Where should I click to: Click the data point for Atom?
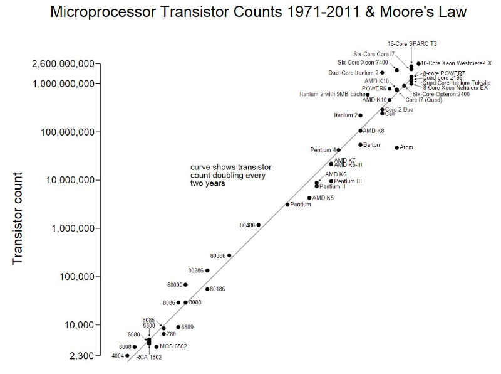(x=396, y=148)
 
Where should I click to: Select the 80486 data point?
(x=258, y=225)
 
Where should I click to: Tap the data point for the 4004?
(x=127, y=356)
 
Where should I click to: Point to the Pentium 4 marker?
(x=339, y=150)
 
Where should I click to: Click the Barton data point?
(x=361, y=145)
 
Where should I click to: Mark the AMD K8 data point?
(x=360, y=131)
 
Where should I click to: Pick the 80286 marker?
(x=207, y=270)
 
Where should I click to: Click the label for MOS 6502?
(x=173, y=346)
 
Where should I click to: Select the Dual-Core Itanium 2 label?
(x=353, y=73)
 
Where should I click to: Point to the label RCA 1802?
(x=149, y=357)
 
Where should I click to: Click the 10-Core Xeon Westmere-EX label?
(x=457, y=63)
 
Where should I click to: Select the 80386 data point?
(x=229, y=255)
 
